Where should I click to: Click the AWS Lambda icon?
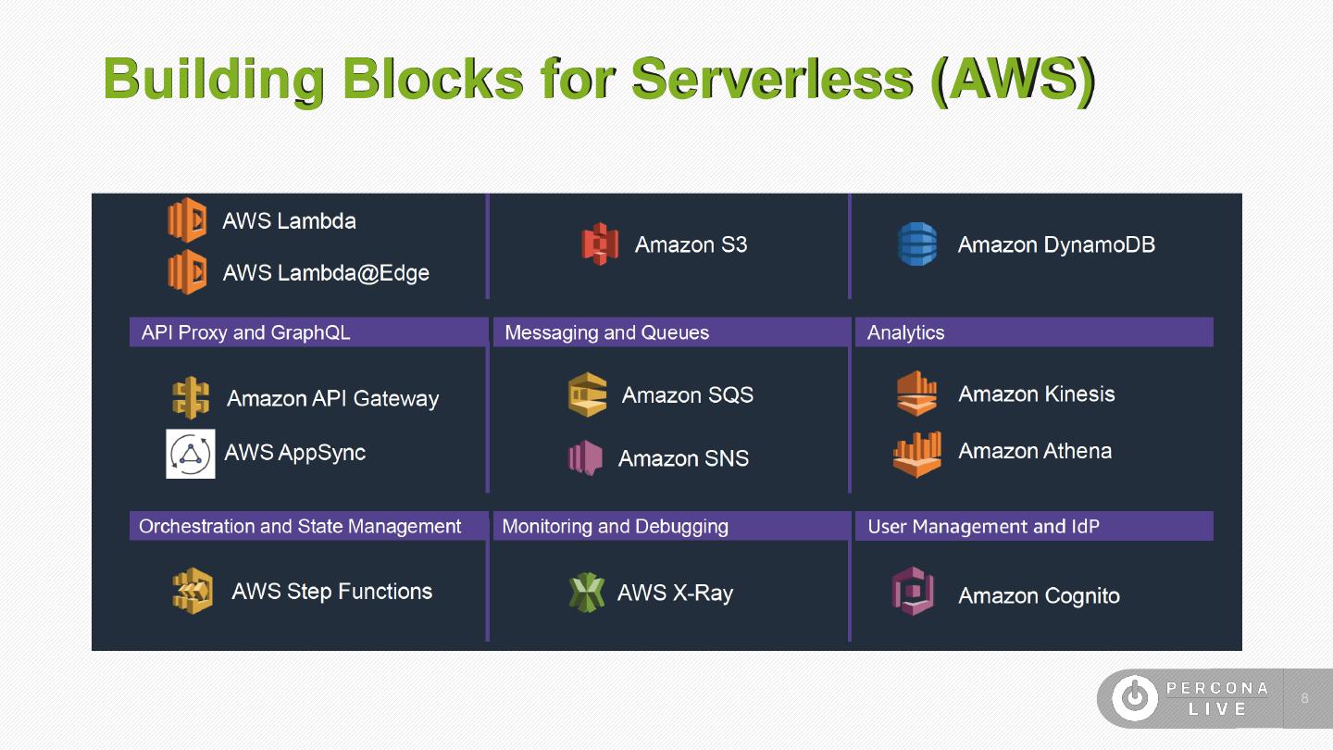click(x=187, y=220)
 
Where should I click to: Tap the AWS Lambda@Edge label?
click(x=326, y=273)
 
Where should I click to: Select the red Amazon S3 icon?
click(x=600, y=244)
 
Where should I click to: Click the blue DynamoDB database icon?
click(x=917, y=244)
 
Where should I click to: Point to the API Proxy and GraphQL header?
click(x=246, y=332)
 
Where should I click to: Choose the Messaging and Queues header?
click(x=607, y=332)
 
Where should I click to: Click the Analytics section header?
click(x=905, y=332)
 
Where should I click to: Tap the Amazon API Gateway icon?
click(x=191, y=398)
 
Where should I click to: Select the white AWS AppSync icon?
click(x=191, y=454)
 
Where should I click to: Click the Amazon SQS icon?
click(x=588, y=395)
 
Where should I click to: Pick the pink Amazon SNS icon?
click(x=585, y=458)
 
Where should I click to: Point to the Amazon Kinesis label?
click(x=1037, y=394)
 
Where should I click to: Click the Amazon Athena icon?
click(x=917, y=454)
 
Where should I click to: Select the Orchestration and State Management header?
click(x=300, y=527)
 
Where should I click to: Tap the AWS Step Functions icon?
click(x=193, y=591)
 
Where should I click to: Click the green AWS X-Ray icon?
click(x=586, y=593)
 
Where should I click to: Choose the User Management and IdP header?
click(x=983, y=527)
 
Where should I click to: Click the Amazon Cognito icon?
click(x=913, y=593)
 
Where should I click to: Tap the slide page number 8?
click(x=1305, y=698)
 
